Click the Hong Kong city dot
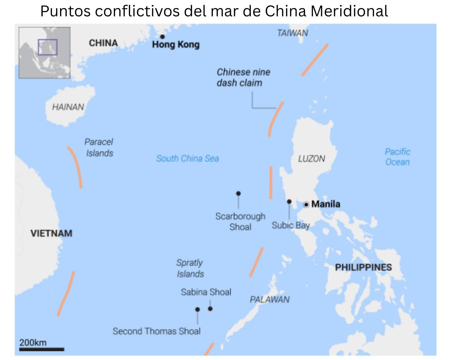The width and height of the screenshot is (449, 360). click(x=162, y=37)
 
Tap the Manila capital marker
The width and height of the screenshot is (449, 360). click(x=306, y=204)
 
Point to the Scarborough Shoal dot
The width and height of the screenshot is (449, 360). click(x=238, y=193)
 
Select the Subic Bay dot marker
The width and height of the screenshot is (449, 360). click(x=289, y=202)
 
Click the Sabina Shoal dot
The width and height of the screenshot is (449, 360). click(x=210, y=309)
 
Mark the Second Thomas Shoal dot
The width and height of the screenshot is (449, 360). click(x=197, y=309)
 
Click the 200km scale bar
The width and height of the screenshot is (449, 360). click(x=41, y=349)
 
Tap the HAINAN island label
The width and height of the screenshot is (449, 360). click(x=68, y=107)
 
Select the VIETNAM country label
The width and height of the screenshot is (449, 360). click(x=51, y=233)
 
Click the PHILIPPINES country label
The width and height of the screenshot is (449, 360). click(x=363, y=267)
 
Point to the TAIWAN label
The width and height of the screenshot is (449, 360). click(x=292, y=33)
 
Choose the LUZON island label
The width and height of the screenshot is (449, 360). click(x=312, y=159)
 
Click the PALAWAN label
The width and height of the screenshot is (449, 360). click(x=270, y=299)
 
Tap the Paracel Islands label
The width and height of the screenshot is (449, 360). click(x=99, y=147)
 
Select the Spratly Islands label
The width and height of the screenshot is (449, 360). click(x=190, y=268)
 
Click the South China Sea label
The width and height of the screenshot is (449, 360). click(x=187, y=158)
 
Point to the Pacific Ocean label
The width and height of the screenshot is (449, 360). click(x=397, y=157)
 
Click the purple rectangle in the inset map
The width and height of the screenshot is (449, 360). click(x=48, y=47)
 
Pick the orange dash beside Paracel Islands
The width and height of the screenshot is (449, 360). click(x=75, y=167)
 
